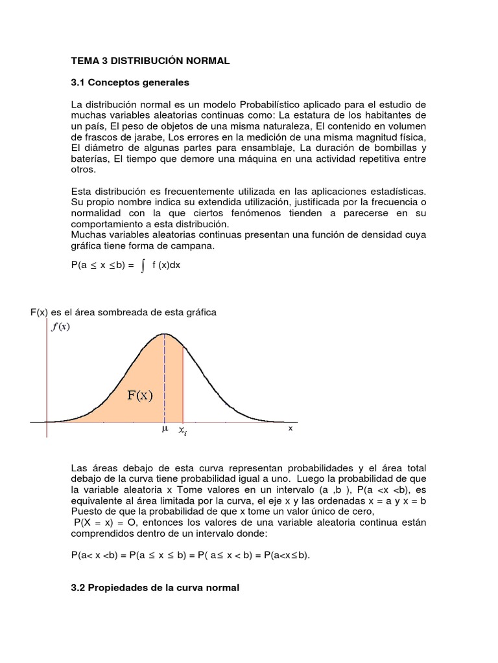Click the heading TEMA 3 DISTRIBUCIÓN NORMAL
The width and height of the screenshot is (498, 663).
pos(150,61)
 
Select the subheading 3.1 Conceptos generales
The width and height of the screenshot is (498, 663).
pos(130,82)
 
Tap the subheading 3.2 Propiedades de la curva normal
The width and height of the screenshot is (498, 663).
pos(155,587)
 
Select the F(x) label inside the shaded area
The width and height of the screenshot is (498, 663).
pos(140,396)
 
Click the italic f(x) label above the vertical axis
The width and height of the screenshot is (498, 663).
pos(60,326)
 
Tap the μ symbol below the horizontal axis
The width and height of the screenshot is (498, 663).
pos(164,429)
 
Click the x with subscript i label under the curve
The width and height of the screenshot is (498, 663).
pos(183,430)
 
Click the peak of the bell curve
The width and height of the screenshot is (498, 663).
pos(165,334)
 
